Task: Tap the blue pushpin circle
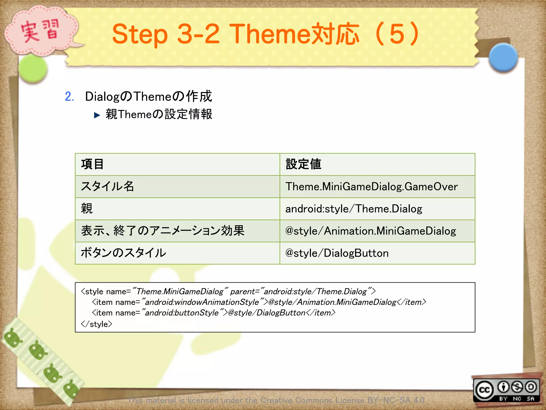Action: click(x=503, y=57)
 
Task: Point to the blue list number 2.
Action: click(x=69, y=96)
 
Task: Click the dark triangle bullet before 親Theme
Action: click(x=97, y=115)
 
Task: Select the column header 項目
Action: click(x=92, y=164)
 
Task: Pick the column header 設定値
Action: click(x=303, y=164)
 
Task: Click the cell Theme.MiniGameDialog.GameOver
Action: click(x=371, y=187)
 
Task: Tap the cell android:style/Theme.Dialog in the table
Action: click(x=354, y=209)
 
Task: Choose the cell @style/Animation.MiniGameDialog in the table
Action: click(x=371, y=231)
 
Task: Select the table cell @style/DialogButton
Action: click(x=337, y=253)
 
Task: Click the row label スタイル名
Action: click(x=107, y=187)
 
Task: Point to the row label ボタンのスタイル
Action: click(x=123, y=253)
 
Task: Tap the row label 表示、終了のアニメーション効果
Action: click(x=163, y=231)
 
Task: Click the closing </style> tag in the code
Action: click(x=97, y=324)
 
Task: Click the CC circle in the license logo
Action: click(x=484, y=390)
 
